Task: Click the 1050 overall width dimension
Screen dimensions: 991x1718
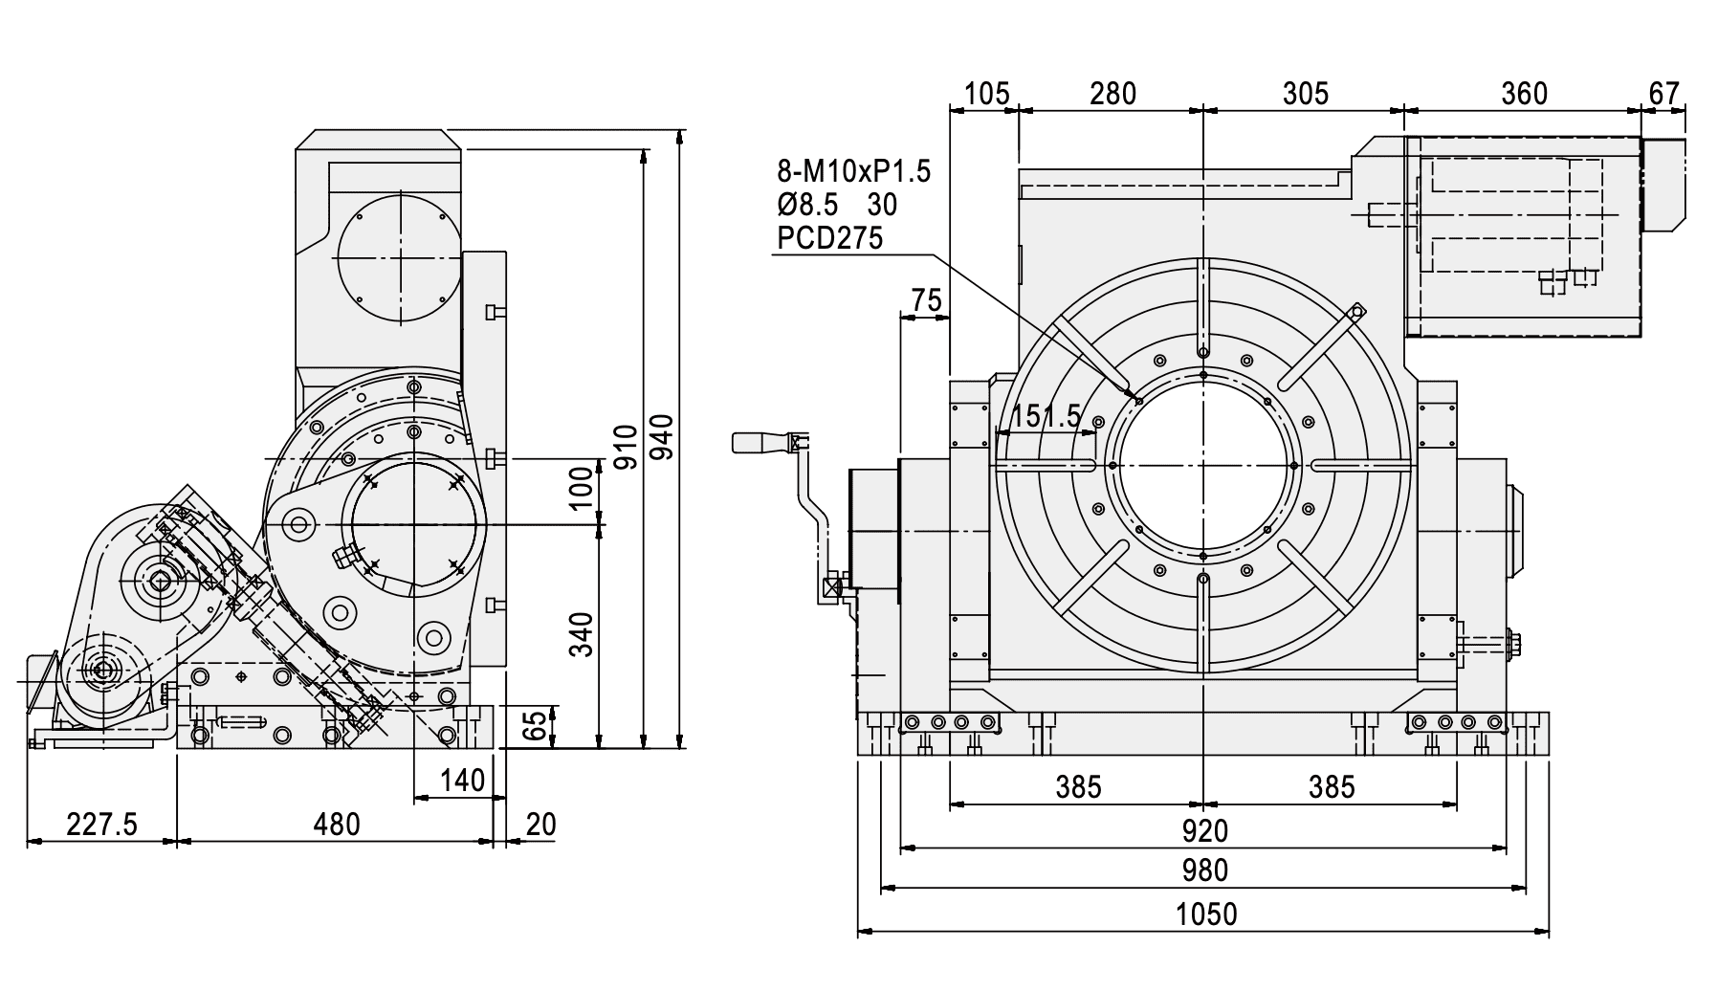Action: click(x=1205, y=914)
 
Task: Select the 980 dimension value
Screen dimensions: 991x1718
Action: click(x=1205, y=871)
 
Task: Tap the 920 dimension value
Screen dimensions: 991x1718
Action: click(x=1205, y=830)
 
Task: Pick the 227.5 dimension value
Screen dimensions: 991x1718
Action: click(x=102, y=824)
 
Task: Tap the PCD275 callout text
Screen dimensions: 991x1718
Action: click(x=829, y=238)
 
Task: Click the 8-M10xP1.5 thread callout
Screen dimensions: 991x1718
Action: click(x=853, y=172)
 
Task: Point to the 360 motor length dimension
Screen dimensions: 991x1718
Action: click(x=1524, y=94)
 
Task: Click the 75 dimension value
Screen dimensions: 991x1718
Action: click(x=926, y=300)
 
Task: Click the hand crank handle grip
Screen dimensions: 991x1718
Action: click(x=755, y=442)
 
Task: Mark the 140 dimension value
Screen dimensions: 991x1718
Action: click(x=463, y=781)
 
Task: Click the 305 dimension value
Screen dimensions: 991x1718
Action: click(x=1306, y=94)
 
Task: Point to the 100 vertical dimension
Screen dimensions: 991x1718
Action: click(x=581, y=490)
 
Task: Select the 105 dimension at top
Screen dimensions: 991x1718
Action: click(x=987, y=94)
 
